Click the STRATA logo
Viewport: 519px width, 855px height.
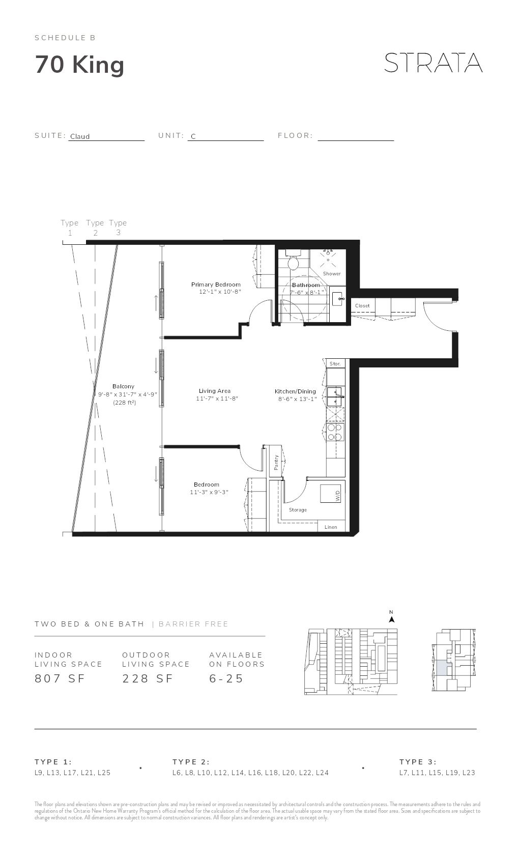coord(433,63)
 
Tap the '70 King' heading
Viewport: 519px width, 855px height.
coord(79,65)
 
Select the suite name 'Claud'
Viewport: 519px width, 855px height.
coord(80,136)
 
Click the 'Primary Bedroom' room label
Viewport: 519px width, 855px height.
coord(216,284)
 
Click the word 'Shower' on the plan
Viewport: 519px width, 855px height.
coord(332,274)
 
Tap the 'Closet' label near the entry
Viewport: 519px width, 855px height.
coord(362,306)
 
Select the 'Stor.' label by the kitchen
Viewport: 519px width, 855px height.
coord(335,364)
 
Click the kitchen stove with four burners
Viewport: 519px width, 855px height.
coord(335,432)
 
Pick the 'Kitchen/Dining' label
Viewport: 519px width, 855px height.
coord(295,391)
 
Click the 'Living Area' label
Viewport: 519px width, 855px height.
coord(214,391)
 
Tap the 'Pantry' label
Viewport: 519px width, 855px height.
coord(276,462)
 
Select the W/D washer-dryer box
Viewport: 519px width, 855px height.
coord(331,494)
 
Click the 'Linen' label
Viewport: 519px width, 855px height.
coord(331,527)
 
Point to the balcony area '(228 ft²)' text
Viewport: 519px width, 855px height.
coord(124,403)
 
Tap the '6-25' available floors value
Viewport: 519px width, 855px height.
coord(226,678)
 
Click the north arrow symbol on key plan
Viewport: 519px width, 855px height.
coord(391,619)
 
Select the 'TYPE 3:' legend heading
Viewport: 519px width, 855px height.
coord(418,762)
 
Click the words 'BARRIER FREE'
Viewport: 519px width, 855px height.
coord(193,624)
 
